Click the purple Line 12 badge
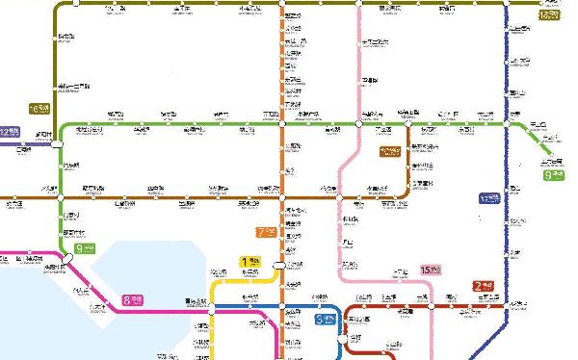point(10,132)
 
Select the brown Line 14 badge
point(388,151)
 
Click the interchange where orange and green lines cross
point(281,124)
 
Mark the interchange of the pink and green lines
point(359,124)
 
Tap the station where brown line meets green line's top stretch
point(408,124)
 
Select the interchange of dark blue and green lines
point(506,124)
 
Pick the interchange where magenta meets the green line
point(66,258)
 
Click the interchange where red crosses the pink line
point(433,308)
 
